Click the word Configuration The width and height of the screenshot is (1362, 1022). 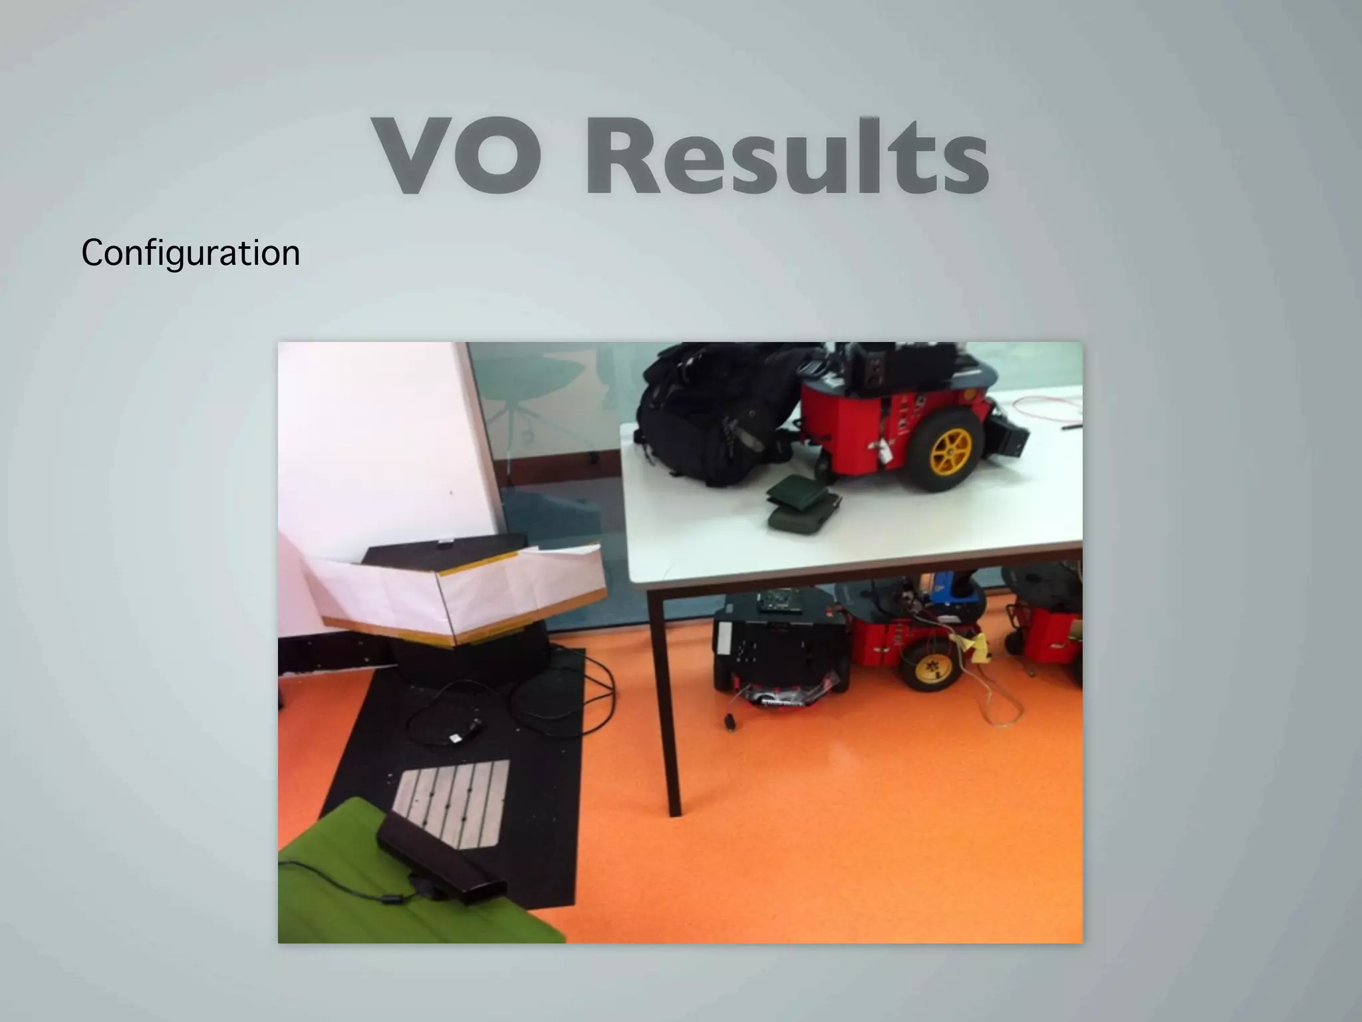[190, 254]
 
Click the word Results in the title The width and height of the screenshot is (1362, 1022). [787, 157]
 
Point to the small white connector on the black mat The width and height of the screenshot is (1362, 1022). [457, 739]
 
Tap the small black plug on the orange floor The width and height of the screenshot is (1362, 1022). [730, 721]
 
